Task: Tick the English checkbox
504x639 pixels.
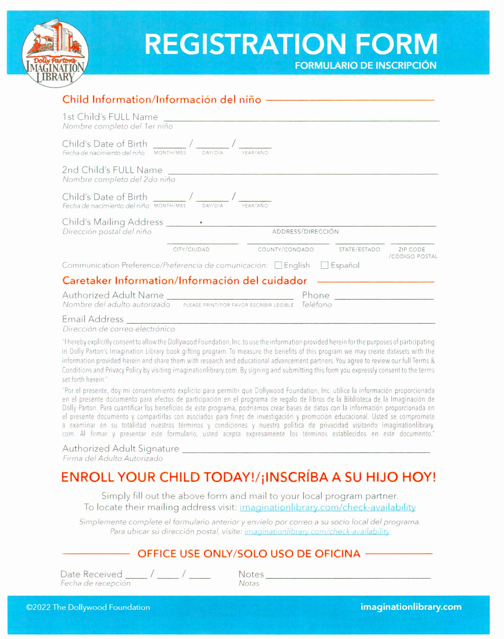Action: click(x=278, y=265)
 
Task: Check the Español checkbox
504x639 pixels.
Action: click(x=325, y=265)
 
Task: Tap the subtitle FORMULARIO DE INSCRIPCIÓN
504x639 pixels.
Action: click(x=365, y=65)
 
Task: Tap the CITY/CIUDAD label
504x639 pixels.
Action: click(x=191, y=249)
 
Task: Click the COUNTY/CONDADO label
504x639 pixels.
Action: click(x=286, y=249)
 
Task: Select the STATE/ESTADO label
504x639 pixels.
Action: click(x=359, y=249)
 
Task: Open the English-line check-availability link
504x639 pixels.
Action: click(x=327, y=507)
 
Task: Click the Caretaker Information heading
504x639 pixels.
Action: click(x=184, y=281)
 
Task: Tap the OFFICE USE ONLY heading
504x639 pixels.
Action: click(x=248, y=554)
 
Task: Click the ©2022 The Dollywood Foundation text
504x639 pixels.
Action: click(x=88, y=607)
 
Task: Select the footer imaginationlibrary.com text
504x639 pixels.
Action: click(x=411, y=607)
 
